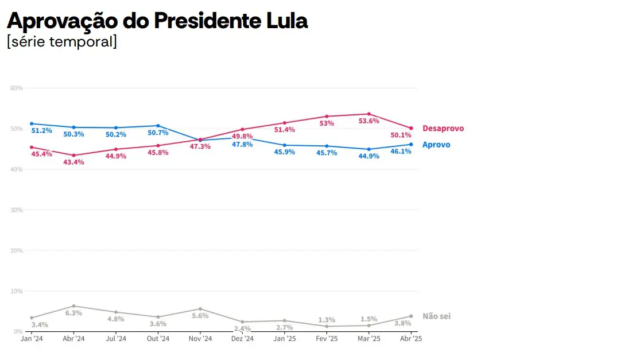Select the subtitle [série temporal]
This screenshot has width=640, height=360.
62,42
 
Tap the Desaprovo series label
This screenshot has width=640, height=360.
443,129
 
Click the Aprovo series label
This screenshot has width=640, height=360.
436,145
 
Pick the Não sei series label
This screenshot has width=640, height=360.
436,316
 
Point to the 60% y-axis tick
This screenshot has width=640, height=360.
16,88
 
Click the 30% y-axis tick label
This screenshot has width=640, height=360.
16,210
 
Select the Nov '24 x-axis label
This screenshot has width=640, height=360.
200,339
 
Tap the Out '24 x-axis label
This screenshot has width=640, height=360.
158,339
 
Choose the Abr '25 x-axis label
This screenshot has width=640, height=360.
411,339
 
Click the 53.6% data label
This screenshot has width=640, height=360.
369,121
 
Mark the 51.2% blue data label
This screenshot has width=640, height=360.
41,131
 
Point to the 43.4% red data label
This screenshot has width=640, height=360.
73,162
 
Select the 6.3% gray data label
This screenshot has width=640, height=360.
73,313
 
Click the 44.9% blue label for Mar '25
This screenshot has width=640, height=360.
369,156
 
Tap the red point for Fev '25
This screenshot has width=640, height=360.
327,117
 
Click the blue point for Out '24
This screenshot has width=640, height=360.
158,126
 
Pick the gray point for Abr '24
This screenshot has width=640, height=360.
73,306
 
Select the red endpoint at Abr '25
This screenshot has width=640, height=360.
411,128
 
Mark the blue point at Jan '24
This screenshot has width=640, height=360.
32,123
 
